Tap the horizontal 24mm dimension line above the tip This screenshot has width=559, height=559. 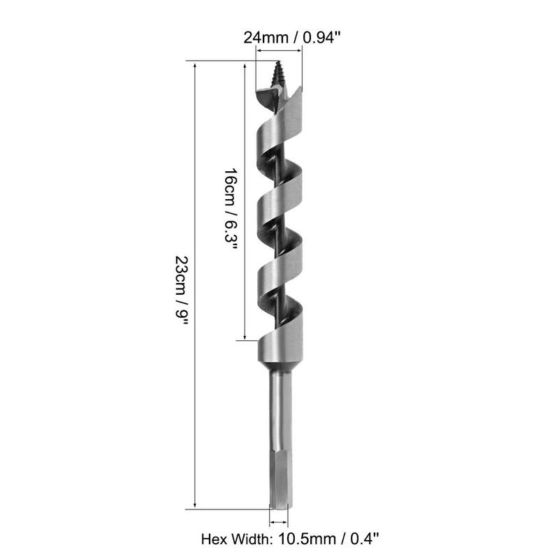279,50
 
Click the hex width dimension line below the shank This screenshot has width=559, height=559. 278,521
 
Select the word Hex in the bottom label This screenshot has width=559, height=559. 213,539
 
